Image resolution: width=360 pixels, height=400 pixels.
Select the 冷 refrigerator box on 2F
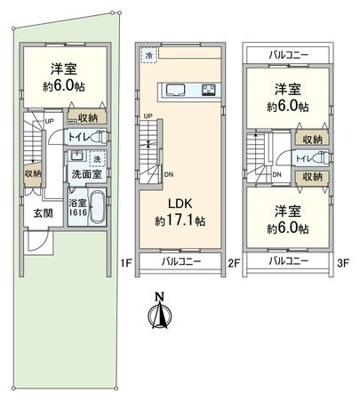[148, 54]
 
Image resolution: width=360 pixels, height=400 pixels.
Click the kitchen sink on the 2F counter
[173, 89]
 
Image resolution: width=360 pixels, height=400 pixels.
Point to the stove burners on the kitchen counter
[210, 89]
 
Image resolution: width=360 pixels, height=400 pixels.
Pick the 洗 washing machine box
[99, 159]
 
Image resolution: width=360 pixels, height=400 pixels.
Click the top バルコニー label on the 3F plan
[287, 55]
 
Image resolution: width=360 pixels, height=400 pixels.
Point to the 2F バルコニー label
[180, 261]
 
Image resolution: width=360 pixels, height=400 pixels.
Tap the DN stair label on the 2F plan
[169, 174]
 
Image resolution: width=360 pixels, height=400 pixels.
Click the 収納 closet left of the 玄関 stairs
[33, 174]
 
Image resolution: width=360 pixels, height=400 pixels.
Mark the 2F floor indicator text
[235, 263]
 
